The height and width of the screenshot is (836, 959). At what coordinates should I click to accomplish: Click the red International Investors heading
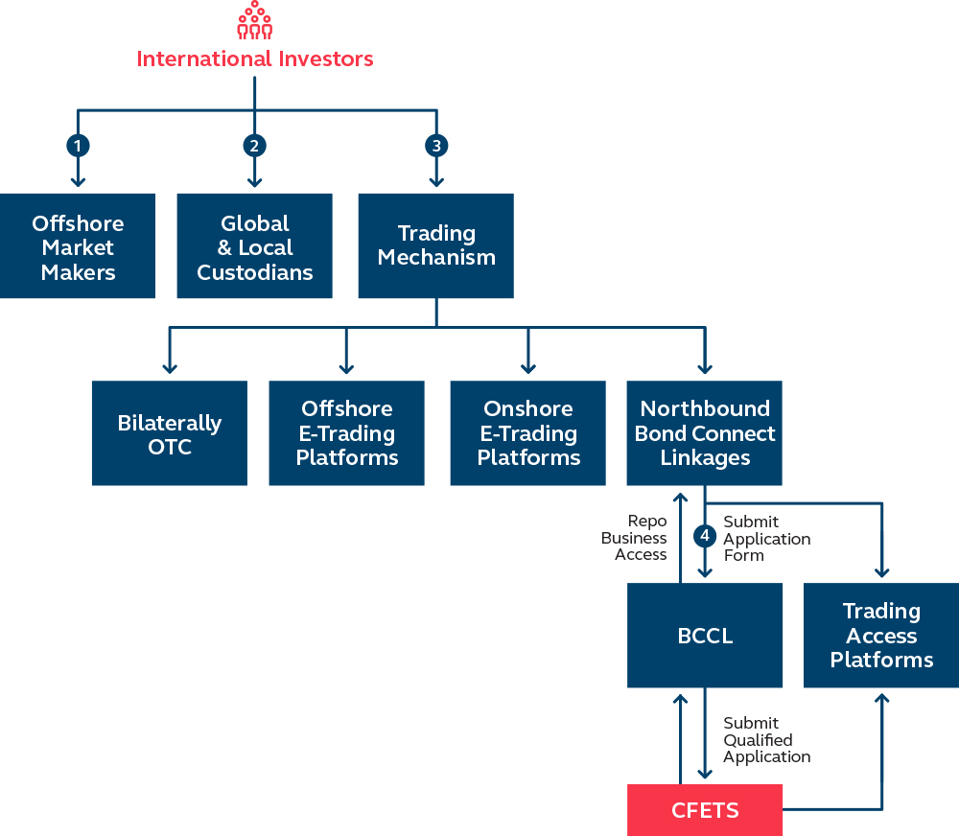click(x=254, y=58)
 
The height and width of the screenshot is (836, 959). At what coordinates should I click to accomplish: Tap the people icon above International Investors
click(x=254, y=20)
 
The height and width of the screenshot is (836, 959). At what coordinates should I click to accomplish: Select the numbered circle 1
click(x=78, y=146)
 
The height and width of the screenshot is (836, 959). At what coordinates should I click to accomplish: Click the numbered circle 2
click(x=254, y=146)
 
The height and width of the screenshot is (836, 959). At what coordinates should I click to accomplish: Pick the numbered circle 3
click(x=436, y=146)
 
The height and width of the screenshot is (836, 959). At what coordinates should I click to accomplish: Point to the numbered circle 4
click(x=705, y=535)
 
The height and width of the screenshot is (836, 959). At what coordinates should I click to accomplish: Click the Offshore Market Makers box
click(x=78, y=246)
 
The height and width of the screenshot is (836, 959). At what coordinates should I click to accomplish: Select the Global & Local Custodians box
click(x=254, y=246)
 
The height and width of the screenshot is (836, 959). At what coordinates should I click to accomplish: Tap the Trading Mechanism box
click(x=436, y=246)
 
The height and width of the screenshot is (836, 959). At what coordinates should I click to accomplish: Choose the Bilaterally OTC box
click(x=170, y=433)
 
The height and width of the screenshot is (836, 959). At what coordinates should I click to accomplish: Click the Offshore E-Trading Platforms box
click(x=346, y=433)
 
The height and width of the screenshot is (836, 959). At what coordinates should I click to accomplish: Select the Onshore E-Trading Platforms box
click(x=528, y=433)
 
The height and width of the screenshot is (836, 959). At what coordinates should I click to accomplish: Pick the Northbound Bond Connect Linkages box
click(x=705, y=433)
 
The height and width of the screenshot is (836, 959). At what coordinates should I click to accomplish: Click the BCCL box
click(x=705, y=636)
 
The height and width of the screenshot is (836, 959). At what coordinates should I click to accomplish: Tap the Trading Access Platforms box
click(x=881, y=636)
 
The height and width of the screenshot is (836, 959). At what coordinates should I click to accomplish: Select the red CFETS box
click(x=705, y=810)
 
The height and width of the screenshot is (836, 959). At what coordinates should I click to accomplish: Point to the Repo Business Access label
click(x=634, y=538)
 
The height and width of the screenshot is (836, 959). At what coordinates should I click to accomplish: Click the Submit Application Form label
click(x=766, y=538)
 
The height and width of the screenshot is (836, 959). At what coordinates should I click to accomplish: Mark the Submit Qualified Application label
click(x=766, y=739)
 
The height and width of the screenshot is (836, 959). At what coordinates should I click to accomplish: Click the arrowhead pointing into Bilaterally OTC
click(x=170, y=368)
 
